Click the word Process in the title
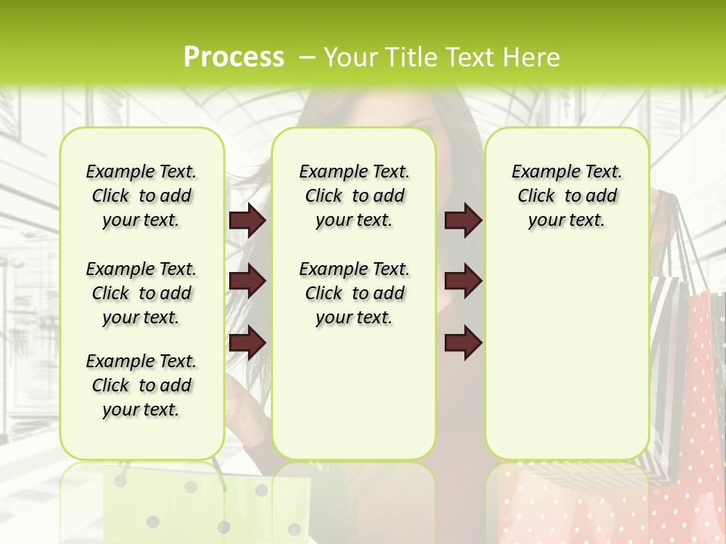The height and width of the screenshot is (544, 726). (x=234, y=57)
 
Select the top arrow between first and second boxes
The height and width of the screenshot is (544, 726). (x=247, y=221)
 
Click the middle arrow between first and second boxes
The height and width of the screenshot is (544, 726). (x=247, y=282)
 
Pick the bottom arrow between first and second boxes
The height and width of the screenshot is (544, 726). (x=247, y=342)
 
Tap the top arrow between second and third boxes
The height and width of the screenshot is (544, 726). (x=463, y=221)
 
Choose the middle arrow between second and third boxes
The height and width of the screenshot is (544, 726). (x=463, y=282)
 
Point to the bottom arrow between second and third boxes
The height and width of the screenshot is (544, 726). (x=463, y=342)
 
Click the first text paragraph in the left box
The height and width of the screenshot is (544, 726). (x=141, y=196)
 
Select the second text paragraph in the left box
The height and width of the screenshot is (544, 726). (x=141, y=293)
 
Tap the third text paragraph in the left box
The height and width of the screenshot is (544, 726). (x=141, y=385)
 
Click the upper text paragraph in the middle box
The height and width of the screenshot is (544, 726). (x=354, y=196)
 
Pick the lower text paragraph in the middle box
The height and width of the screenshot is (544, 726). (x=354, y=293)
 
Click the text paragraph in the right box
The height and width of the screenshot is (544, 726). (x=566, y=196)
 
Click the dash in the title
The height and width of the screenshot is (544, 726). (x=306, y=57)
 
